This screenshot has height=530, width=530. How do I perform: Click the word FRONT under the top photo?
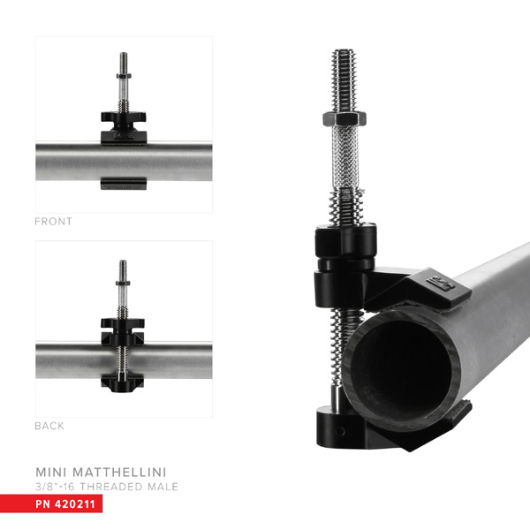pos(53,222)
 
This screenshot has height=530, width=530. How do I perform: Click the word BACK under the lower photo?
pos(49,426)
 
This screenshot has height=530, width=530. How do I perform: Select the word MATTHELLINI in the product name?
pos(128,470)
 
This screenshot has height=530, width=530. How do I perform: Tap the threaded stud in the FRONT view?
pos(124,75)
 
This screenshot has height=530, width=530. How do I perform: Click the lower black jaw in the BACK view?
pos(123,382)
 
